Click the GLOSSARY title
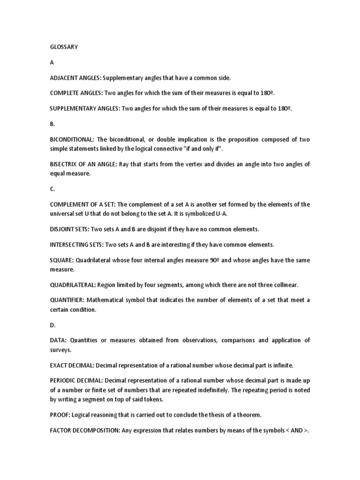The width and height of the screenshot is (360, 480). [x=64, y=47]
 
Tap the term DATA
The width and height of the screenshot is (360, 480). [x=58, y=340]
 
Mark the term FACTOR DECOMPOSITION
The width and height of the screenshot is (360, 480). [x=85, y=430]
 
